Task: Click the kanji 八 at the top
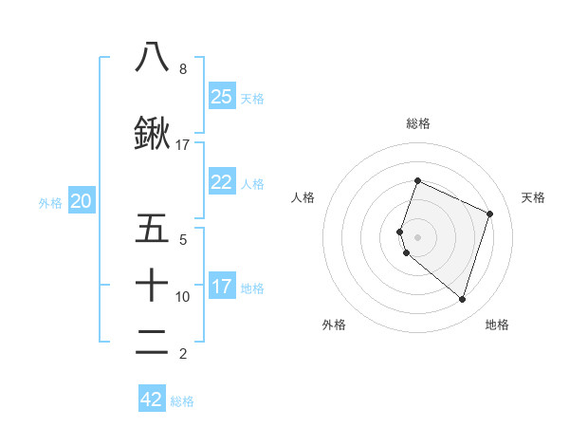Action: [152, 57]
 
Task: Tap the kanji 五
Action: [152, 229]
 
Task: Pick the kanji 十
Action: [152, 284]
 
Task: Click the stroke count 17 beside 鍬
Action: [183, 145]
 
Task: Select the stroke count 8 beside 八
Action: [182, 69]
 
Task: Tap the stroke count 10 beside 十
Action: [183, 297]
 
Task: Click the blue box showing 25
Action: [222, 97]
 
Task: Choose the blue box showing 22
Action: [222, 183]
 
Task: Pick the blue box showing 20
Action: [82, 201]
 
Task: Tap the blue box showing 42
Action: [152, 400]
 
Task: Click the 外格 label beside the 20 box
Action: [50, 202]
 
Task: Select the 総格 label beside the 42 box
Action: [182, 401]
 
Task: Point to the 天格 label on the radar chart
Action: [533, 197]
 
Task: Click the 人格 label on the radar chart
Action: [303, 197]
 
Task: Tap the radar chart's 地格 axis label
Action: [497, 325]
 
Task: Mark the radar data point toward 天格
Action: [490, 214]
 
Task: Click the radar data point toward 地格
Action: [462, 300]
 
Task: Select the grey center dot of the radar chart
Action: [418, 236]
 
